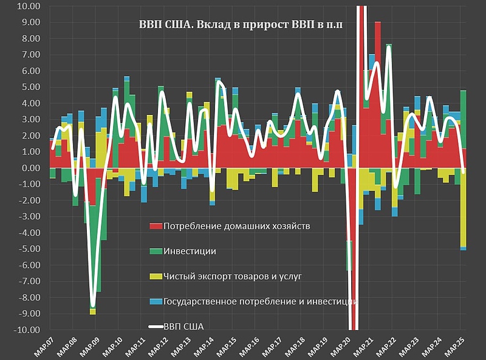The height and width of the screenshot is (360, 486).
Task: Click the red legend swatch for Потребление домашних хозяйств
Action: pos(156,226)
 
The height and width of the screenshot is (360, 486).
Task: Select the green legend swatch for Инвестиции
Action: pos(156,251)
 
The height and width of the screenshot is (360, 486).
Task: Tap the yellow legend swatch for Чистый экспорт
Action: pos(156,276)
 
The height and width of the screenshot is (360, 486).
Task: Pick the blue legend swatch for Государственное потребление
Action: pos(156,301)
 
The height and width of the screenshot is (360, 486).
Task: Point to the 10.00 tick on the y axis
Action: pos(28,7)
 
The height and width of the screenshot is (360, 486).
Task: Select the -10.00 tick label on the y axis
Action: pos(26,330)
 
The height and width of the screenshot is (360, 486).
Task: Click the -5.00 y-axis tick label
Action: pos(28,249)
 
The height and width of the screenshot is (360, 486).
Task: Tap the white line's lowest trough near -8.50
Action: pos(93,305)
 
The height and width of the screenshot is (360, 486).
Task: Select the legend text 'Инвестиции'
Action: pos(190,251)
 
